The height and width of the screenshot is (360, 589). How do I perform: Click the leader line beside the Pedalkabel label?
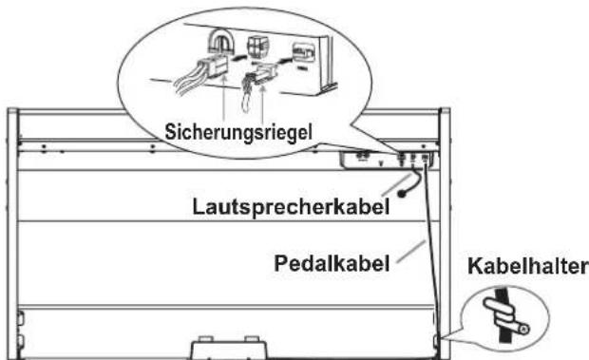pos(411,251)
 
